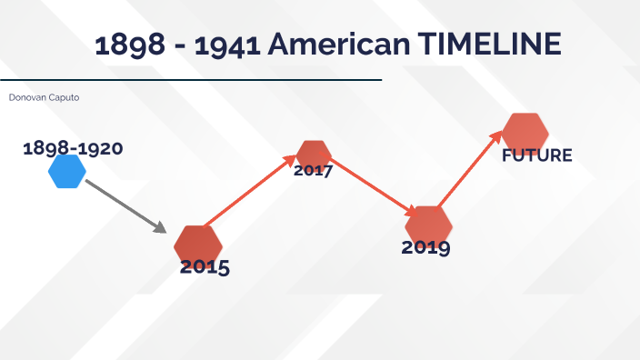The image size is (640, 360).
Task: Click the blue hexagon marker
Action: pos(67,171)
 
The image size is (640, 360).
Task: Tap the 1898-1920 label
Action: pos(73,148)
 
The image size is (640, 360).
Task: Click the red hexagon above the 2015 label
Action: pos(198,243)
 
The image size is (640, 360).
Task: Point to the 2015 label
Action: pos(205,267)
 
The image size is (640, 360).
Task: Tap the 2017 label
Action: pos(314,170)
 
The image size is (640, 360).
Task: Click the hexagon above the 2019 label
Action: pos(428,224)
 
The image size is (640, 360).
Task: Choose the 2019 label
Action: pos(425,246)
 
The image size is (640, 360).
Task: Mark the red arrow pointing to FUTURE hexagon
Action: pos(469,169)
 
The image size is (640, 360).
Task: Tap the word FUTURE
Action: pos(536,155)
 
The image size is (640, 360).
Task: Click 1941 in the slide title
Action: pos(226,45)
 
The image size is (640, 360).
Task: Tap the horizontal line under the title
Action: pos(191,80)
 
